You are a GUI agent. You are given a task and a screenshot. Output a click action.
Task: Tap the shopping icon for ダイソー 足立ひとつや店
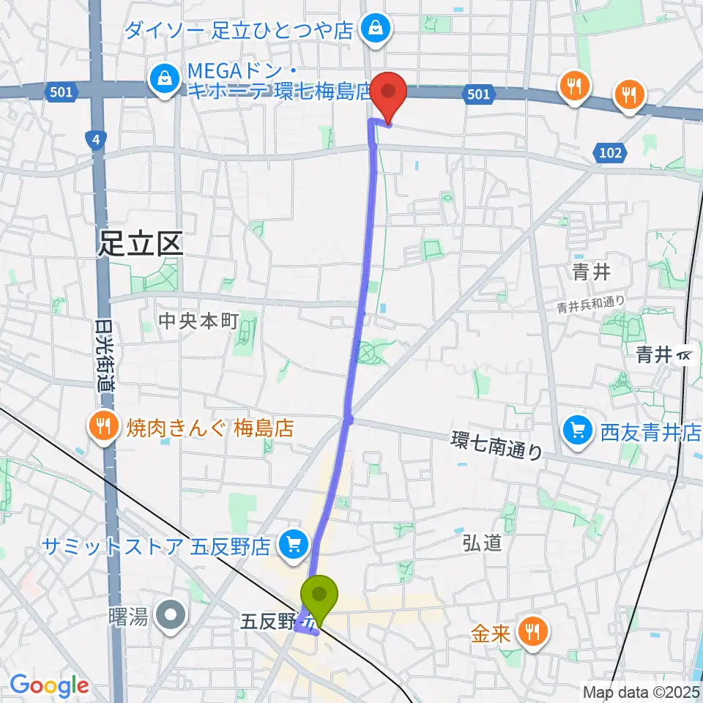(376, 30)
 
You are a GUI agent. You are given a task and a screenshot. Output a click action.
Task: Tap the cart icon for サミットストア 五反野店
(294, 545)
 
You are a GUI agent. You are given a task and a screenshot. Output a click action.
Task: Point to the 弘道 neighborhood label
(482, 542)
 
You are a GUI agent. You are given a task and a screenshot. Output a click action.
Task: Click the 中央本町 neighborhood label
(198, 321)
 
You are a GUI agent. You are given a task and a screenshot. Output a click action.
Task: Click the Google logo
(49, 685)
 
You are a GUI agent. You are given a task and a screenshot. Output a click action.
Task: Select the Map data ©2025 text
(641, 691)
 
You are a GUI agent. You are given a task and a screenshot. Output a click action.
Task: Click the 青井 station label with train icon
(664, 355)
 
